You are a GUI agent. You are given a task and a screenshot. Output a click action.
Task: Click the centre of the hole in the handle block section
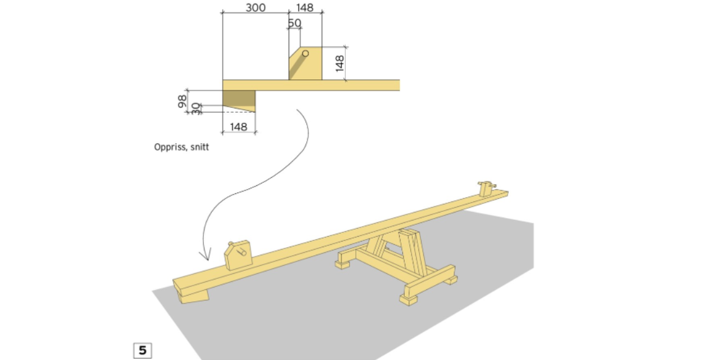pos(306,54)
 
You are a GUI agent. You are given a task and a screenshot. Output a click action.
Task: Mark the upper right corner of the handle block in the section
pos(322,46)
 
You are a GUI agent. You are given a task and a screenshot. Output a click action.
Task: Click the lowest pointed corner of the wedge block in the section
pos(255,112)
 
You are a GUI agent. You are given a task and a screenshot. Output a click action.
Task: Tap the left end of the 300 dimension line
pos(223,12)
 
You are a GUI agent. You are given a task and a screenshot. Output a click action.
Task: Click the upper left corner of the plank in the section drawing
pos(223,81)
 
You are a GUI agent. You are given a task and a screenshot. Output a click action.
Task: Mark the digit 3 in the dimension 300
pos(249,7)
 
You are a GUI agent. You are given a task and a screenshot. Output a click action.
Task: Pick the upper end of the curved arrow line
pos(297,110)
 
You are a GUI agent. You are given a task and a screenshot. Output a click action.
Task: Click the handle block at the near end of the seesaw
pos(239,255)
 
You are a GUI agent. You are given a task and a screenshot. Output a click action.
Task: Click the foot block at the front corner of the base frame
pos(408,300)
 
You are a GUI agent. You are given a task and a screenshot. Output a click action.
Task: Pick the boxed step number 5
pos(142,350)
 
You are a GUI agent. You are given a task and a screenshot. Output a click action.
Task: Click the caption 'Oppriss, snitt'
pos(182,147)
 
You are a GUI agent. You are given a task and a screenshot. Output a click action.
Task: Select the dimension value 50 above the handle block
pos(294,23)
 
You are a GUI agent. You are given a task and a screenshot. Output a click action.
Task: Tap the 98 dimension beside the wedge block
pos(182,102)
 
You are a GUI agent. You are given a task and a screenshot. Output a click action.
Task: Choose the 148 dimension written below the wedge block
pos(239,126)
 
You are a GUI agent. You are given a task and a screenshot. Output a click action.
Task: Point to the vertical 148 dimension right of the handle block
pos(339,63)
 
